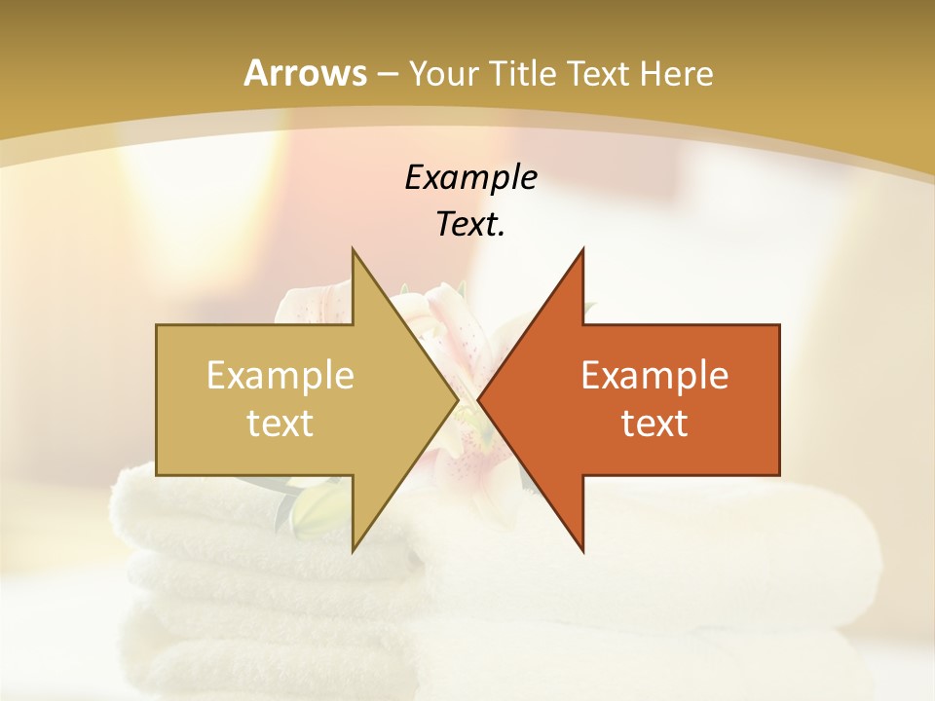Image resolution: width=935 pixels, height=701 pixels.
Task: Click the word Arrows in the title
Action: pos(305,73)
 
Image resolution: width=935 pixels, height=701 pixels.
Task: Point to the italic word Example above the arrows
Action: pos(470,177)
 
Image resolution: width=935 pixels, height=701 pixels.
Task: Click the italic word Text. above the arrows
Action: pos(470,225)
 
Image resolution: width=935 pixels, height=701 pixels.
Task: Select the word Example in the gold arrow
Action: pos(280,376)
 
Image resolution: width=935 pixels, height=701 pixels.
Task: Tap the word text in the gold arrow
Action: pos(280,424)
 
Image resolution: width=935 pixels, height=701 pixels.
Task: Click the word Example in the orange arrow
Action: pos(654,376)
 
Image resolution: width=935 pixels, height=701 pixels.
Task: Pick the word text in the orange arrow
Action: pos(654,424)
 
